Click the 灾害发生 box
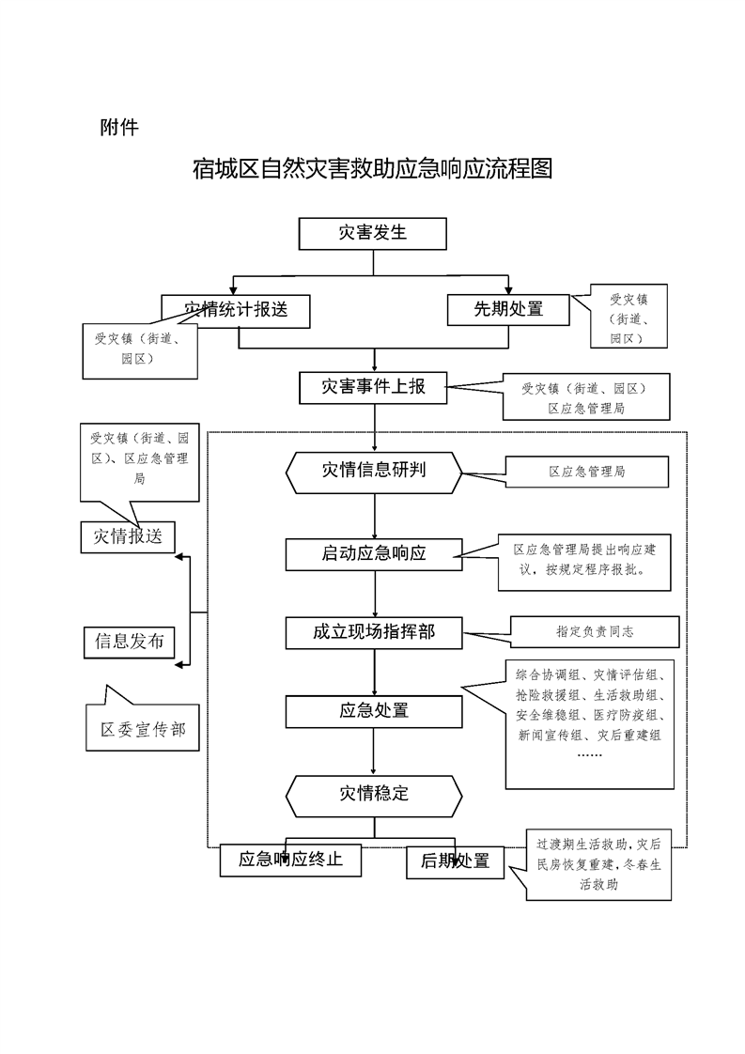point(372,233)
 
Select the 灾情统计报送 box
point(235,311)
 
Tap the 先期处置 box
point(508,309)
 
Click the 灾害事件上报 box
point(373,387)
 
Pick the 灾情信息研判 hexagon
point(374,471)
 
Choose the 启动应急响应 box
point(374,554)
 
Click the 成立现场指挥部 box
point(374,633)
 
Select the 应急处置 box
point(374,711)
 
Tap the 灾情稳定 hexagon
point(374,795)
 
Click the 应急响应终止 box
point(290,860)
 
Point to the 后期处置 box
point(455,862)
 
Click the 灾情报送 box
point(128,536)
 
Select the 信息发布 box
point(130,643)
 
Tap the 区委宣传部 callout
point(143,730)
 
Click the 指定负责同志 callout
point(595,632)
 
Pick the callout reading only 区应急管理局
point(587,473)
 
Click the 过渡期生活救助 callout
point(598,865)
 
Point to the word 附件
point(119,127)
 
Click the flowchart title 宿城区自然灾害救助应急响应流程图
point(372,170)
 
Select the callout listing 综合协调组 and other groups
point(589,723)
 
